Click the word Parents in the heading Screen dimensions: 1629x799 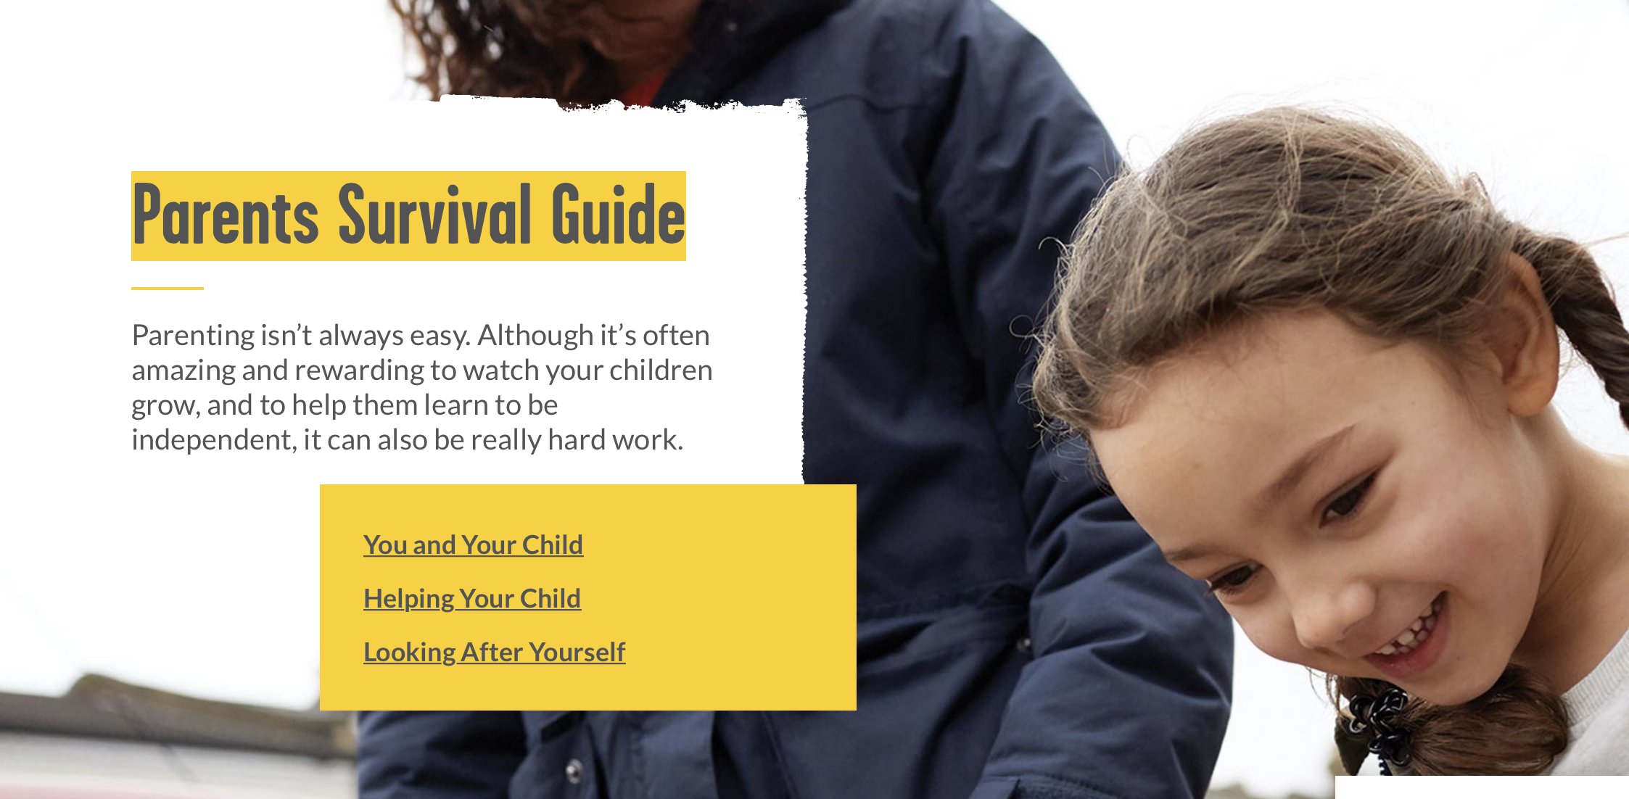226,215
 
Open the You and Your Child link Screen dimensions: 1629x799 473,545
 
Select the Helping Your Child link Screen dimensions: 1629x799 472,599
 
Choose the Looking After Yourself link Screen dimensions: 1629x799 494,652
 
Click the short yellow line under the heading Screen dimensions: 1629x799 168,288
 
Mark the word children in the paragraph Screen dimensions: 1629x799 661,370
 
